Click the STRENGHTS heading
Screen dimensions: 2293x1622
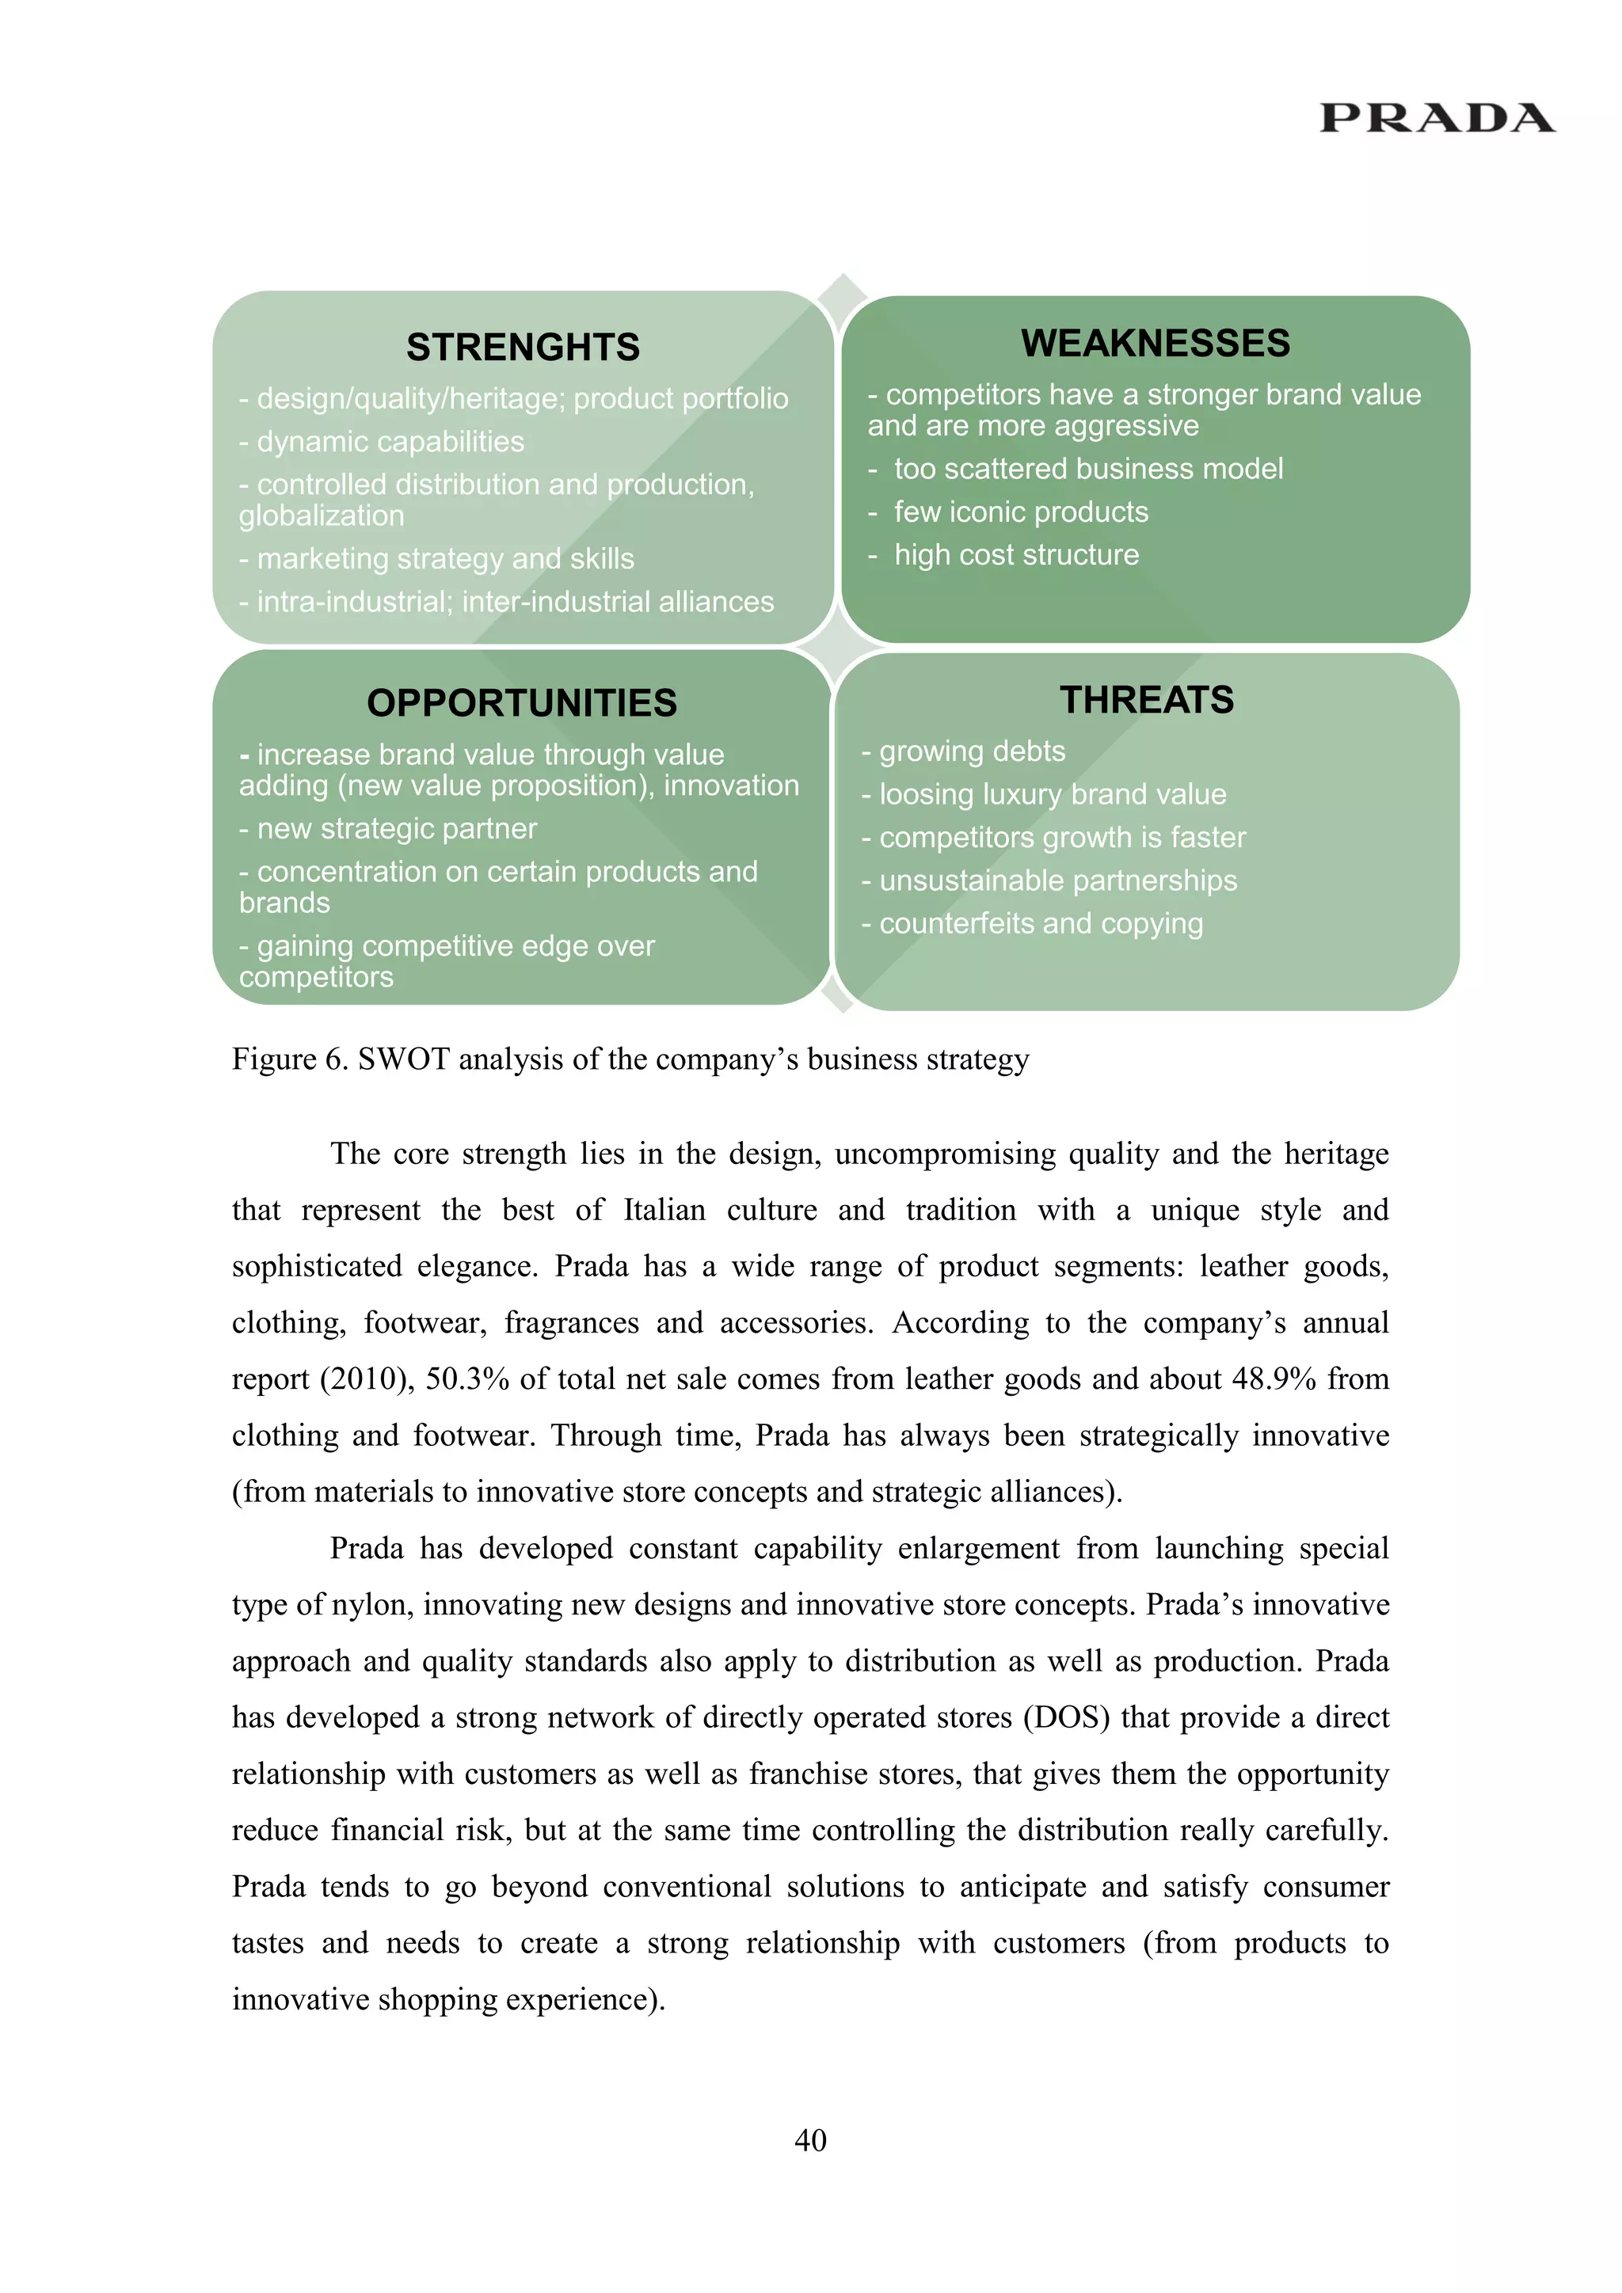pos(523,348)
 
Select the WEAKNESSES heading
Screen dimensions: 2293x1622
pos(1155,344)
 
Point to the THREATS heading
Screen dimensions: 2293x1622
pos(1147,700)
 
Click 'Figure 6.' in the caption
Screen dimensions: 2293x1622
pos(290,1059)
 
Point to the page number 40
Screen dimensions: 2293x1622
pos(810,2139)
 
